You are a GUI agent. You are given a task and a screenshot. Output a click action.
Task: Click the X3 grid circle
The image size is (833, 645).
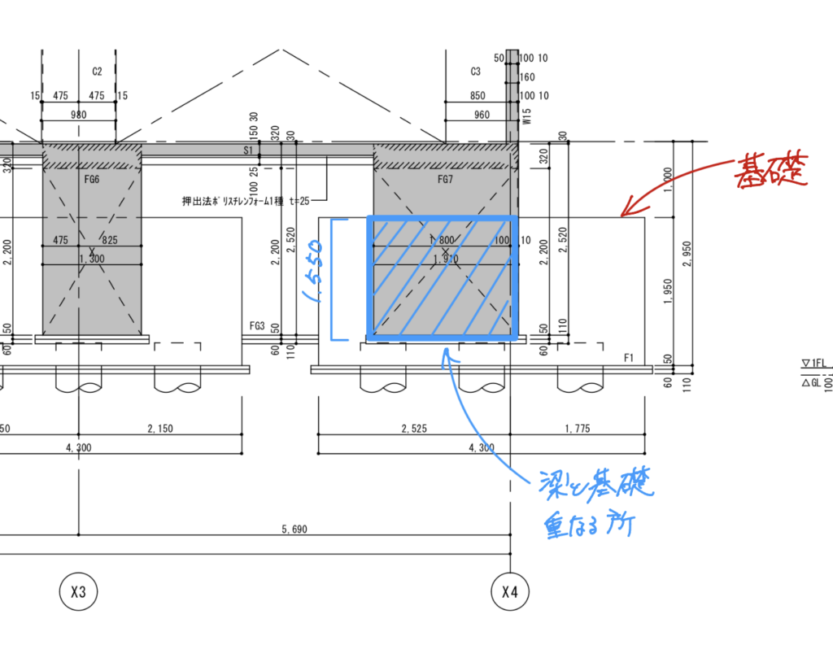78,592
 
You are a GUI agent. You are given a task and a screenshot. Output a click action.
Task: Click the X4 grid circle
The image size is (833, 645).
510,592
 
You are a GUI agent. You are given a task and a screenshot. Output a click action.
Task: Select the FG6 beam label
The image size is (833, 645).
91,180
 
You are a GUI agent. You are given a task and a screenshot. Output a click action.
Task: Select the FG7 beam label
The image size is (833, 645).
445,180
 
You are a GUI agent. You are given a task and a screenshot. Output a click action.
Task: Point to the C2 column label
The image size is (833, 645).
97,72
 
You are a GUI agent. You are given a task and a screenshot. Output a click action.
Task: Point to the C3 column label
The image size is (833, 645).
476,72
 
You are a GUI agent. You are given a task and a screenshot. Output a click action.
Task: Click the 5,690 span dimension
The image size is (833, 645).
294,530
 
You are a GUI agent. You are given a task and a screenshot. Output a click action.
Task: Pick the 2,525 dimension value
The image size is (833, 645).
413,428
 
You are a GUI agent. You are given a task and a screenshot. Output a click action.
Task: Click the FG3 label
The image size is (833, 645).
258,326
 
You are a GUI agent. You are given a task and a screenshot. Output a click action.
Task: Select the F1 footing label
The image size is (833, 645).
629,358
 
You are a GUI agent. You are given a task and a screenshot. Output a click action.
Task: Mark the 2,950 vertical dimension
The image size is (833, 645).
687,254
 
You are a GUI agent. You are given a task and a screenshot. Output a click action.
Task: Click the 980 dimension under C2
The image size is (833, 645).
78,115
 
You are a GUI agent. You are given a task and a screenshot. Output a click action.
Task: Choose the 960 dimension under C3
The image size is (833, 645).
482,115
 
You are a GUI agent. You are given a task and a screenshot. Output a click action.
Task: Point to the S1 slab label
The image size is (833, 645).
248,150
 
